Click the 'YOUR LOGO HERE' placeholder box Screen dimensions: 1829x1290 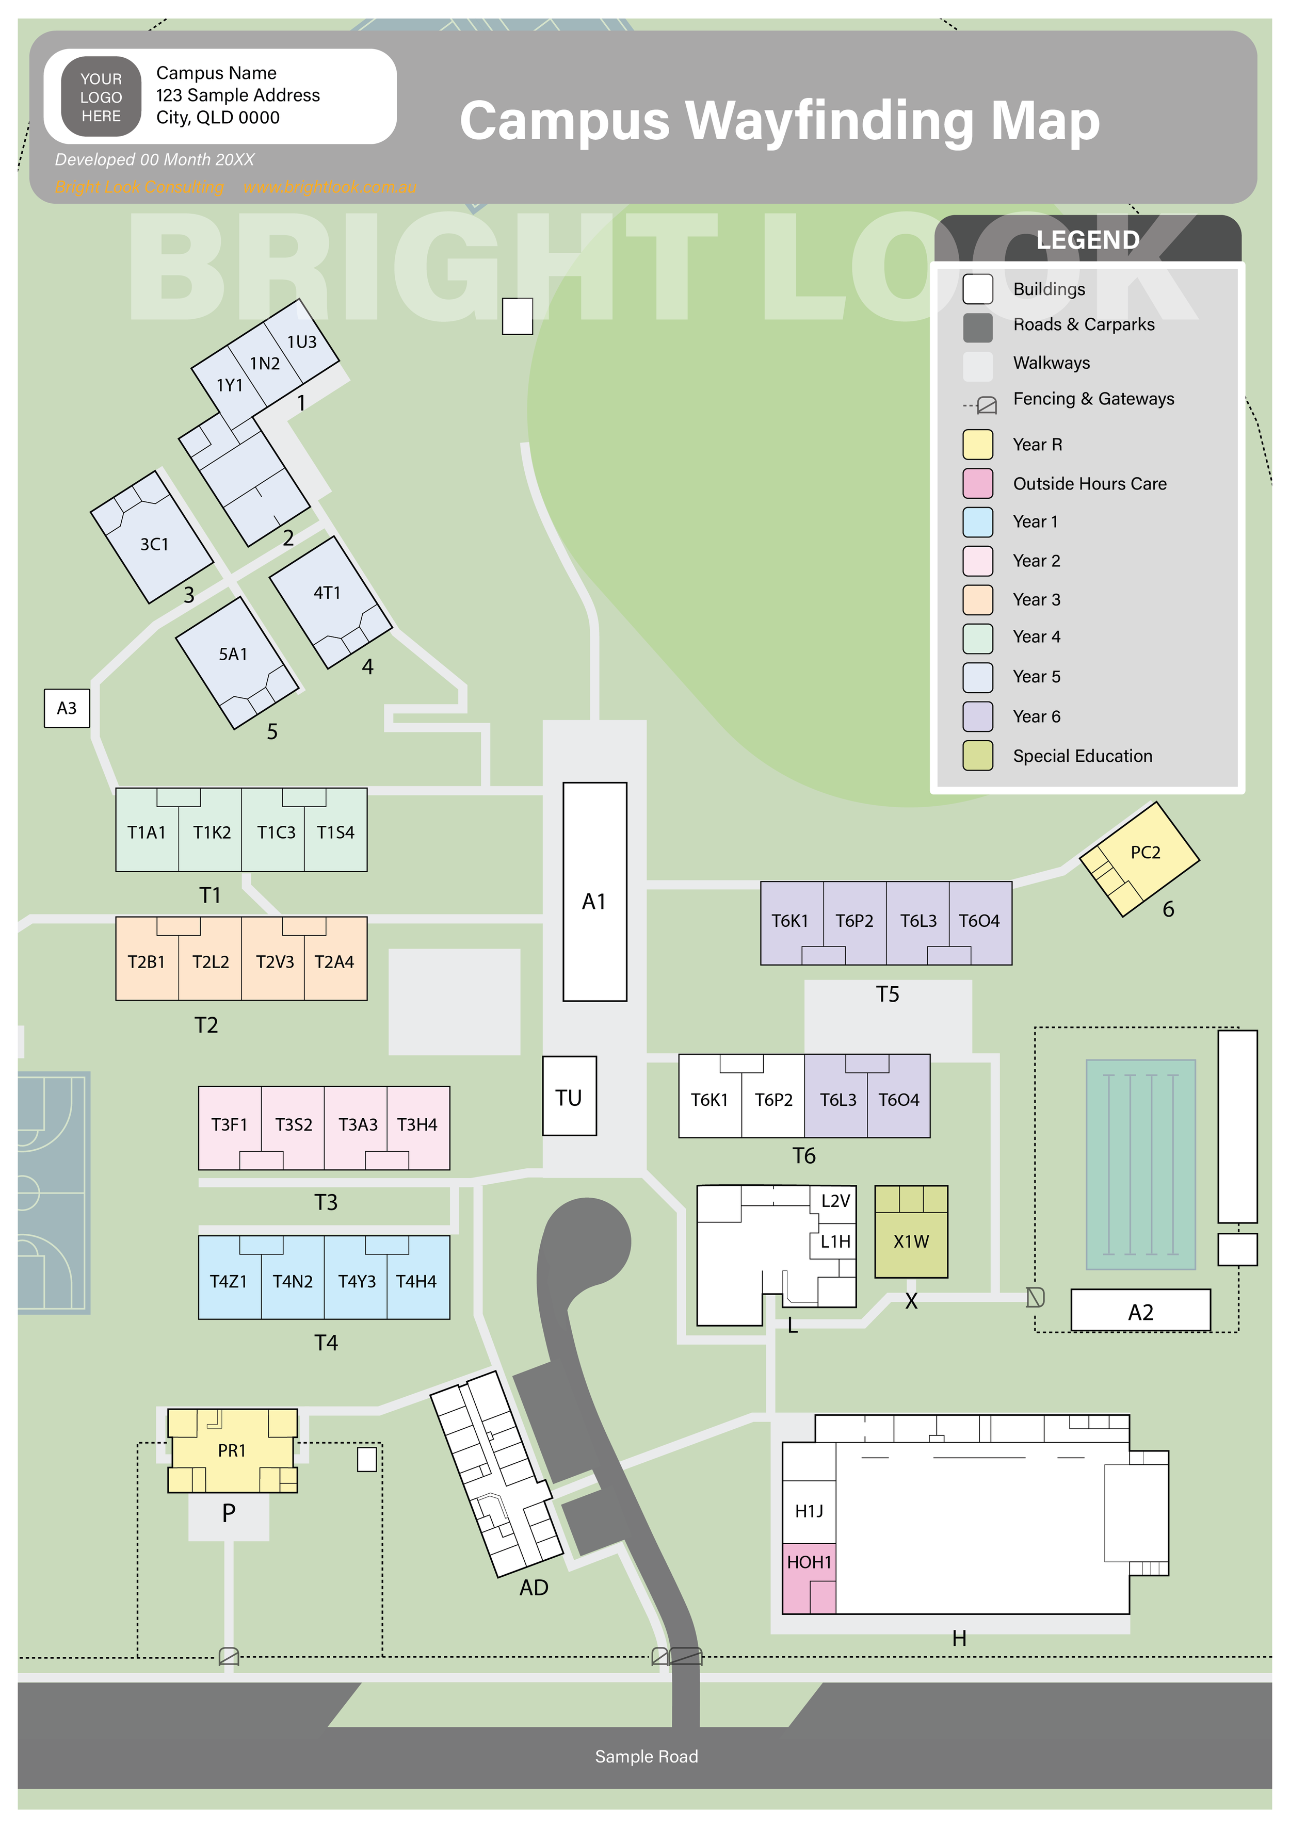coord(101,97)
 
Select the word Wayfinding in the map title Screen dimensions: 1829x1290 coord(829,121)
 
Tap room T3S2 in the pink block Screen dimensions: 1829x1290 coord(293,1125)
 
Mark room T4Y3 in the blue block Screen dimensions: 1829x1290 coord(356,1282)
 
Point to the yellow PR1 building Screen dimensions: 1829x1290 coord(232,1450)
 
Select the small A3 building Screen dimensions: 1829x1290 coord(67,708)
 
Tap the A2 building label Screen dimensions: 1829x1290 coord(1140,1312)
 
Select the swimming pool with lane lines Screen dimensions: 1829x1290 coord(1140,1164)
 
